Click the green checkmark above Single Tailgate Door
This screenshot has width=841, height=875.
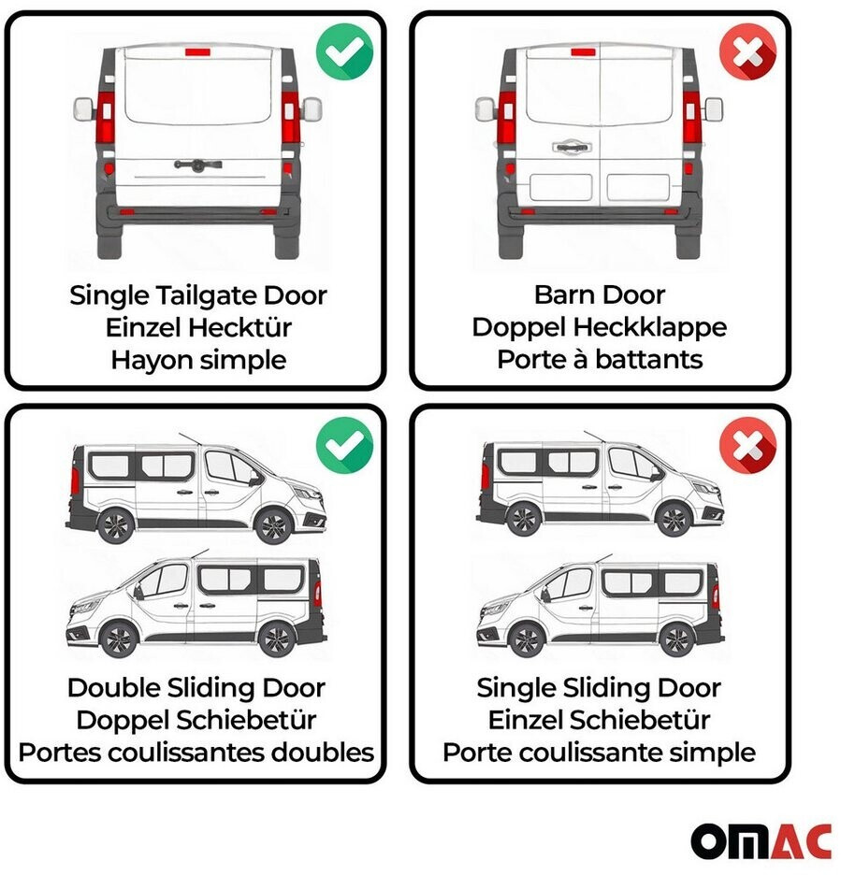[x=344, y=52]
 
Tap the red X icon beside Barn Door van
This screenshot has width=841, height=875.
[x=747, y=52]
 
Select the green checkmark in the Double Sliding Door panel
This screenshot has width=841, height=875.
[x=344, y=445]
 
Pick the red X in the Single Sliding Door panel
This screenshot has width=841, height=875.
[x=747, y=445]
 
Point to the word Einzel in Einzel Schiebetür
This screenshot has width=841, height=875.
[x=522, y=720]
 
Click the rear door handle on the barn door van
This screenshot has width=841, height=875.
[x=572, y=147]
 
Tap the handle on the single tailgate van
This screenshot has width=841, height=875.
[x=197, y=165]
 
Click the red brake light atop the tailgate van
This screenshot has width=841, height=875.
[x=197, y=52]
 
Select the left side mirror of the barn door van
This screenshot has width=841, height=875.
[x=485, y=108]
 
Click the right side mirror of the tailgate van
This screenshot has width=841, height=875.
[x=312, y=108]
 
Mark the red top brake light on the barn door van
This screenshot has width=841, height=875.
[x=584, y=52]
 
